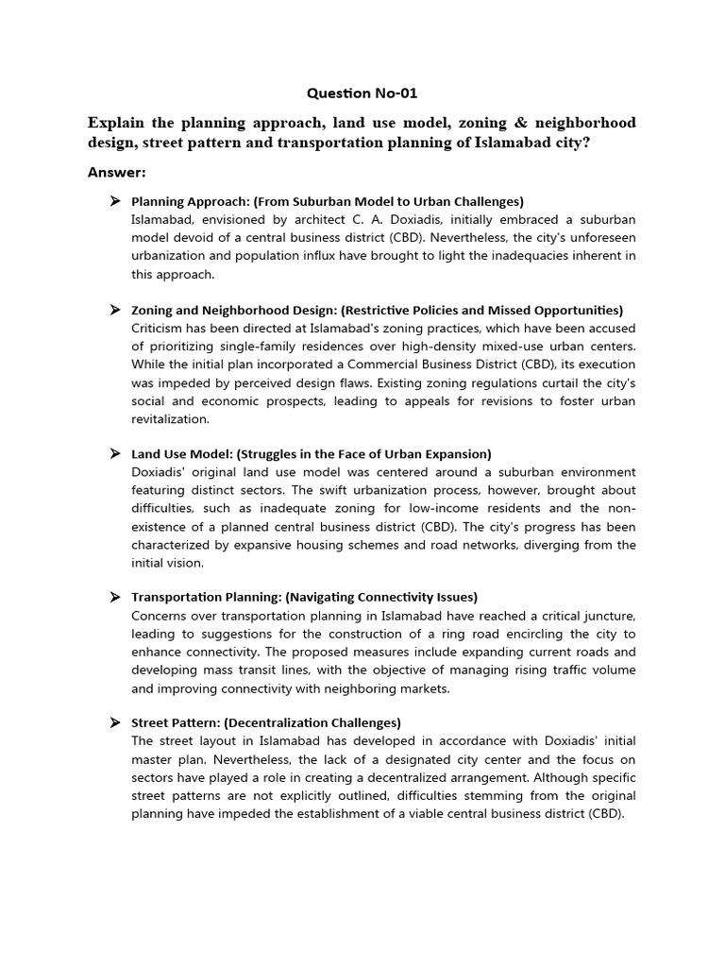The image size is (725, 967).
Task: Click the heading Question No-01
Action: click(362, 93)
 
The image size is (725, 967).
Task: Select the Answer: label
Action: click(117, 172)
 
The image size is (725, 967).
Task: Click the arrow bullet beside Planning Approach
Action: click(114, 201)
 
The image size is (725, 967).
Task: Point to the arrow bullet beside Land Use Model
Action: click(114, 454)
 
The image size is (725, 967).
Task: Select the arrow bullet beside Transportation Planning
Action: click(114, 597)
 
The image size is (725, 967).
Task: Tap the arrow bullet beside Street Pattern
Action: click(114, 722)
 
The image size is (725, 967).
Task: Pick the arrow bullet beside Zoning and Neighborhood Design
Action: click(114, 310)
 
